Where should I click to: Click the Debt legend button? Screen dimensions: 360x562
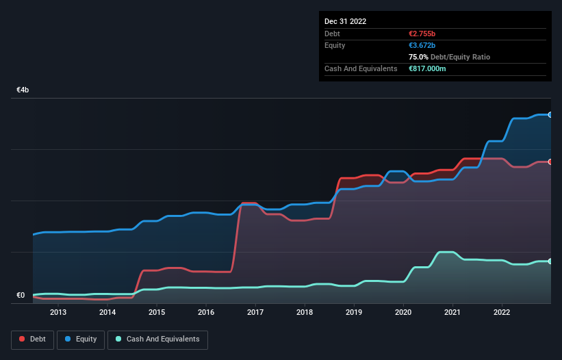pyautogui.click(x=32, y=339)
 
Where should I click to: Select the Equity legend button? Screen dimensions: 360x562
pyautogui.click(x=81, y=339)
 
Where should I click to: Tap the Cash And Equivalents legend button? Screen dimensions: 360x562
pyautogui.click(x=157, y=339)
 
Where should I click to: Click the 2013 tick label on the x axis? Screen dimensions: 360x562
pyautogui.click(x=58, y=313)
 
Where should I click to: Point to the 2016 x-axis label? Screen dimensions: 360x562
pyautogui.click(x=206, y=313)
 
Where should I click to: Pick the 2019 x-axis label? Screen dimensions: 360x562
pyautogui.click(x=354, y=313)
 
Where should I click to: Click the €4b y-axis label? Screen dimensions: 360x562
pyautogui.click(x=23, y=90)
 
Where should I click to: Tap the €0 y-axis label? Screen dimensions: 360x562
pyautogui.click(x=21, y=296)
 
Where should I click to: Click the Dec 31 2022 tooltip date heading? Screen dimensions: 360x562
pyautogui.click(x=346, y=21)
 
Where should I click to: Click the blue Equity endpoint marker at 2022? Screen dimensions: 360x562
pyautogui.click(x=550, y=115)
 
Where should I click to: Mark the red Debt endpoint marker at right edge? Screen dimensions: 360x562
pyautogui.click(x=550, y=162)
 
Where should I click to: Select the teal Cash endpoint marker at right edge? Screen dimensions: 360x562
pyautogui.click(x=550, y=261)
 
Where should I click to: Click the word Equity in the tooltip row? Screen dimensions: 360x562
pyautogui.click(x=335, y=45)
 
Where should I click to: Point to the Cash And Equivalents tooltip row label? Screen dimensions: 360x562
pyautogui.click(x=361, y=69)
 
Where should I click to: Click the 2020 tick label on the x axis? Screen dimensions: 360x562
pyautogui.click(x=403, y=313)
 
